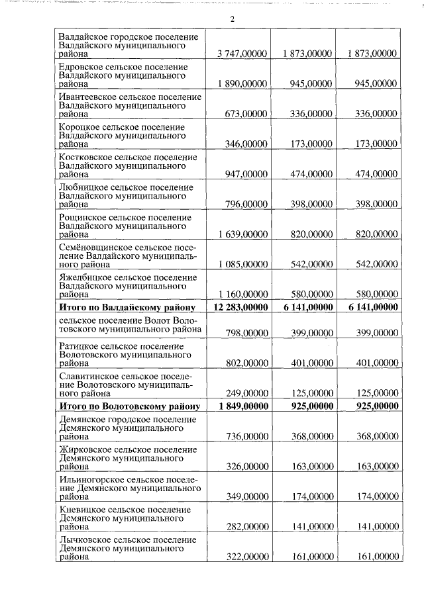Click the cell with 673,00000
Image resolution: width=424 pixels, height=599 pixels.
[x=246, y=114]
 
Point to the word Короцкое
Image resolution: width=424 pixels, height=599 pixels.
[x=79, y=126]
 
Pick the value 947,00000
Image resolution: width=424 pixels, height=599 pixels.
[x=246, y=173]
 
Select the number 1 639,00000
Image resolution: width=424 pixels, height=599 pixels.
[x=242, y=234]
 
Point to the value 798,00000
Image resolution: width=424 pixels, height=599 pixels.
[x=246, y=333]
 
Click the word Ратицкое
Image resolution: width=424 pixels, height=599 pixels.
[x=79, y=346]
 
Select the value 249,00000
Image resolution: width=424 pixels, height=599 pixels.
[x=246, y=392]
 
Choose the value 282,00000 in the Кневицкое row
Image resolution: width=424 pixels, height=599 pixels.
[x=246, y=527]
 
